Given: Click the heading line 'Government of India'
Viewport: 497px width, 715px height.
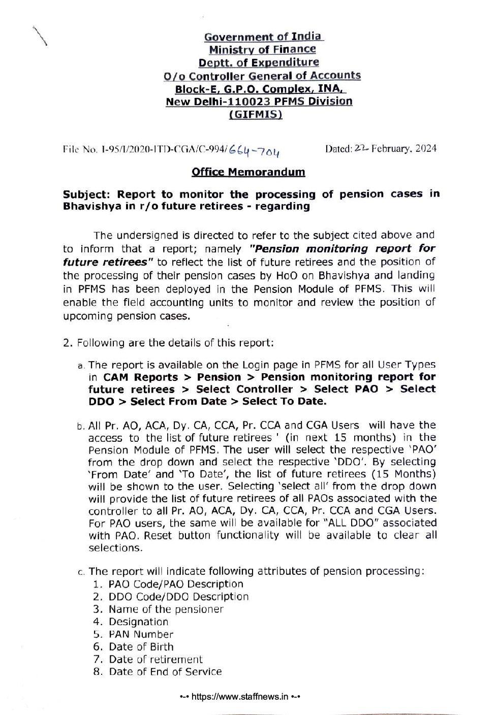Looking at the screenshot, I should pos(263,37).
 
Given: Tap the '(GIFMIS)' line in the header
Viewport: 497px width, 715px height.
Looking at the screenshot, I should pos(256,114).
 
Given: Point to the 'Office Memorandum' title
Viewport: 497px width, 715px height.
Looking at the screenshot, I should pos(248,172).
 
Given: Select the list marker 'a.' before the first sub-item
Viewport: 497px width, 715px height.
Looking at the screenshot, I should pos(82,365).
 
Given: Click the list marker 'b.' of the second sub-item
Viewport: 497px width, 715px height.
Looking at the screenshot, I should pos(82,426).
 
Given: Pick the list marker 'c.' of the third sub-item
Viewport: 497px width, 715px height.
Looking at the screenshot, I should pos(82,572).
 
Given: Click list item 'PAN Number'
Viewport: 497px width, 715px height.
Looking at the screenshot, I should pos(141,634).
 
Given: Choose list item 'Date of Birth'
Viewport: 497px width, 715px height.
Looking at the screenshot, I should pos(141,647).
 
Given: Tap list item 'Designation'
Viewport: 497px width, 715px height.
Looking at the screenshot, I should pos(138,622).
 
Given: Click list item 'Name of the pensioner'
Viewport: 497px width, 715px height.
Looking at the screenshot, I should pos(166,609).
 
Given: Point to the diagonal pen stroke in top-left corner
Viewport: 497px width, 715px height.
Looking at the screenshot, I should pos(40,36).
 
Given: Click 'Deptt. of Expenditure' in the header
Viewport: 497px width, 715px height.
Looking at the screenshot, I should pos(259,62).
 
